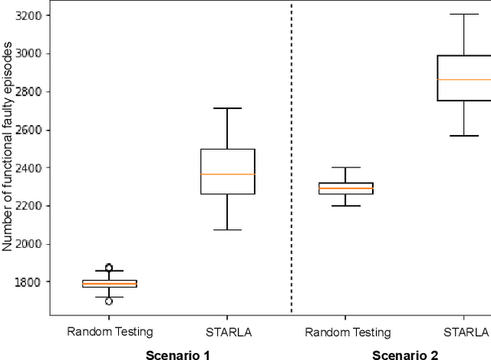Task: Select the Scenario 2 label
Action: pyautogui.click(x=405, y=355)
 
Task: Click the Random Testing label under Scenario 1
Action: pyautogui.click(x=110, y=332)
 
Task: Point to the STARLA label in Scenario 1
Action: pyautogui.click(x=227, y=332)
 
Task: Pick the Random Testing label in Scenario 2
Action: pyautogui.click(x=347, y=332)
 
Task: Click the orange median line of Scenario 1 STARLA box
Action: pyautogui.click(x=227, y=174)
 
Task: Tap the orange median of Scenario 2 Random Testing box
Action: pyautogui.click(x=347, y=188)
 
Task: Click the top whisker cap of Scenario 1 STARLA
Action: pyautogui.click(x=227, y=108)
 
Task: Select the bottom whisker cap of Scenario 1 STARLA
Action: pyautogui.click(x=227, y=230)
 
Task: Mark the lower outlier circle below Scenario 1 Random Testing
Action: pyautogui.click(x=109, y=301)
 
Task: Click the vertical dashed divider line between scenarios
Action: pyautogui.click(x=292, y=154)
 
